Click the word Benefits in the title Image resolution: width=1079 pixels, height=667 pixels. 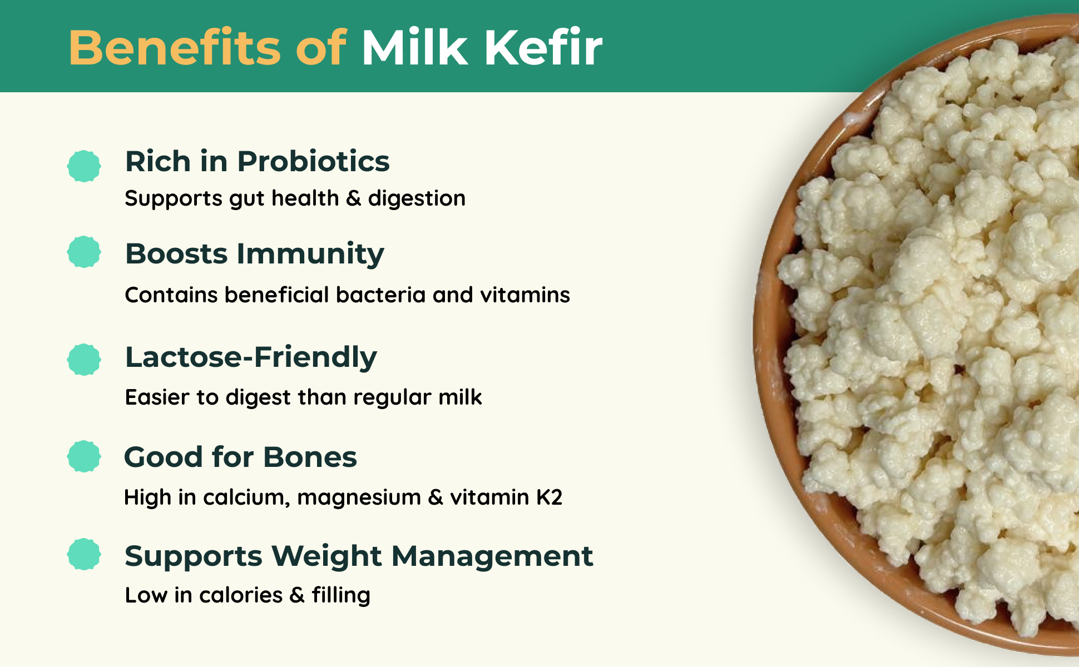coord(175,48)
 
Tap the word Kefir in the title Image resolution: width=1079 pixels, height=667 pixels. coord(543,48)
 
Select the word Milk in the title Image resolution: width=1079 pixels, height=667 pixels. coord(414,48)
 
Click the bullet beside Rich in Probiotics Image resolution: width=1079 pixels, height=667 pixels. coord(84,166)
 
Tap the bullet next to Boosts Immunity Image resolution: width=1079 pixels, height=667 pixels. coord(84,252)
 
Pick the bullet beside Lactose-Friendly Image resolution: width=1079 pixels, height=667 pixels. coord(84,360)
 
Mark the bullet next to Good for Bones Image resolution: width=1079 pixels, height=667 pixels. coord(84,456)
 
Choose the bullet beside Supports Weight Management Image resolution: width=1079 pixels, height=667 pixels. coord(84,554)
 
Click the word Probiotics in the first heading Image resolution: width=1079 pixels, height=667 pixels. coord(314,162)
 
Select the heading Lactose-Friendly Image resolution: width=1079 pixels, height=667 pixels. coord(251,357)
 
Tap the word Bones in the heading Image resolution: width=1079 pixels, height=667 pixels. coord(310,457)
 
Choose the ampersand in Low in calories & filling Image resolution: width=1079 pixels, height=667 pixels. coord(297,595)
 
